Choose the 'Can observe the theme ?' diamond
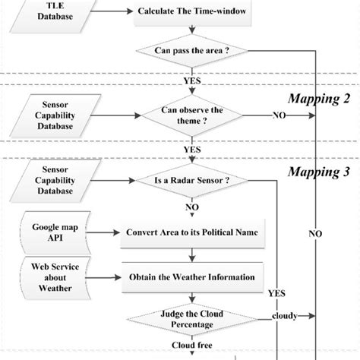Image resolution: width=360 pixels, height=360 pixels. pos(191,115)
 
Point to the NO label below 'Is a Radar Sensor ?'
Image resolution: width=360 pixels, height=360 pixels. pos(191,206)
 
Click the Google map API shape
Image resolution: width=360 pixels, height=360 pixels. pos(52,232)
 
